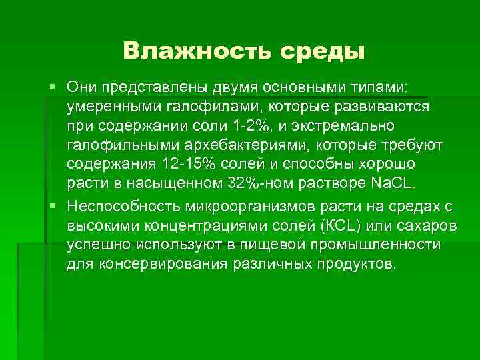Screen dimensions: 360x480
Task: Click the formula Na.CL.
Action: (392, 182)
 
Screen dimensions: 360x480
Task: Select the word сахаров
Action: (427, 225)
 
